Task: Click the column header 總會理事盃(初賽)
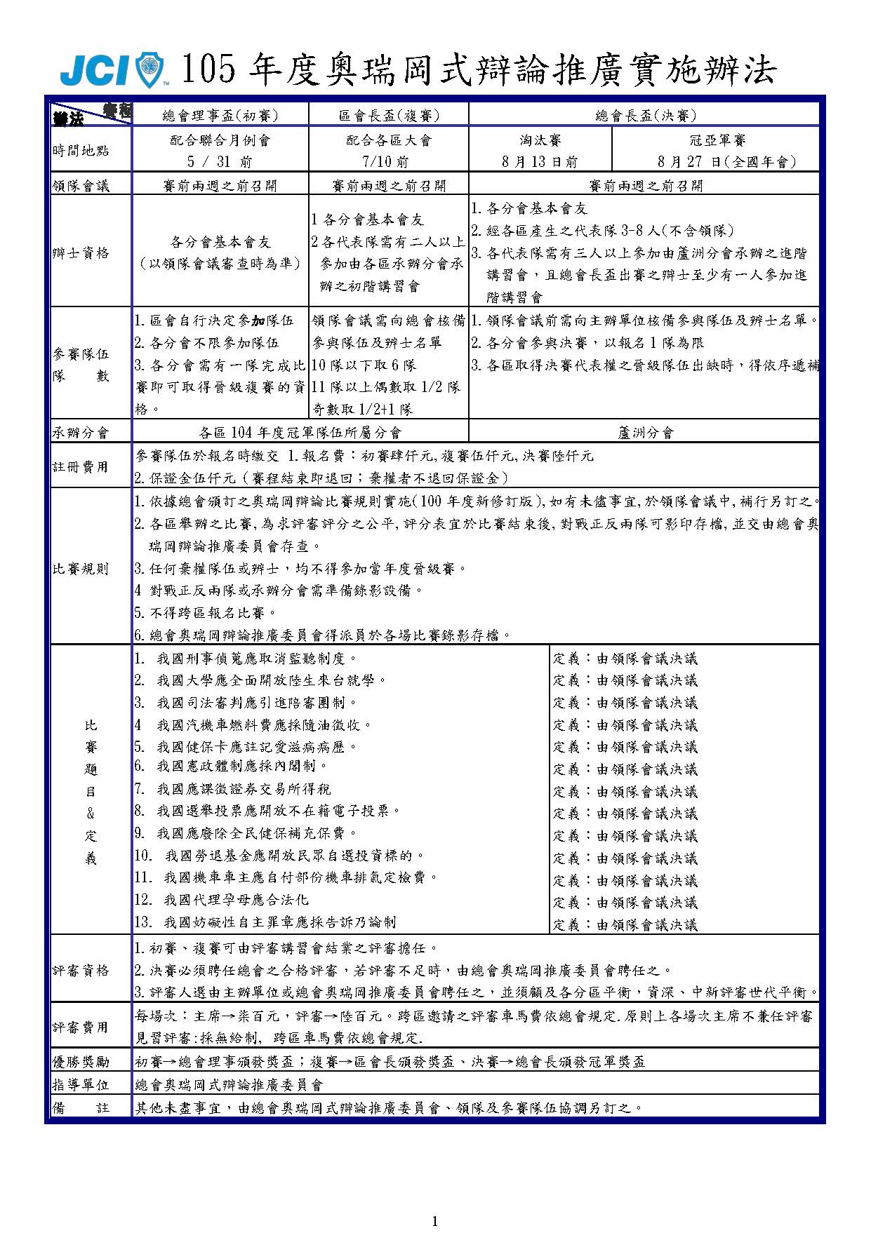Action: pos(220,116)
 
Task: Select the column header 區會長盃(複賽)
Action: pos(388,116)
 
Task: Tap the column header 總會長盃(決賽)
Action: pos(645,116)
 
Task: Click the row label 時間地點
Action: pos(81,150)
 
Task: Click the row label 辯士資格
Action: pos(81,253)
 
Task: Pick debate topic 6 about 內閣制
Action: pos(232,766)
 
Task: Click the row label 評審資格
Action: pos(81,971)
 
